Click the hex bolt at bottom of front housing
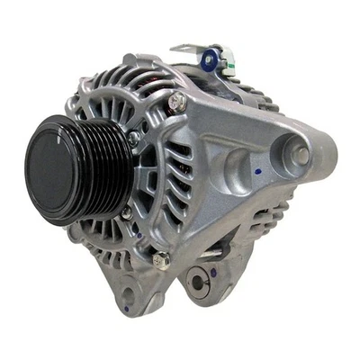coord(160,260)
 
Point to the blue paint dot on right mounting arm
coord(258,170)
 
